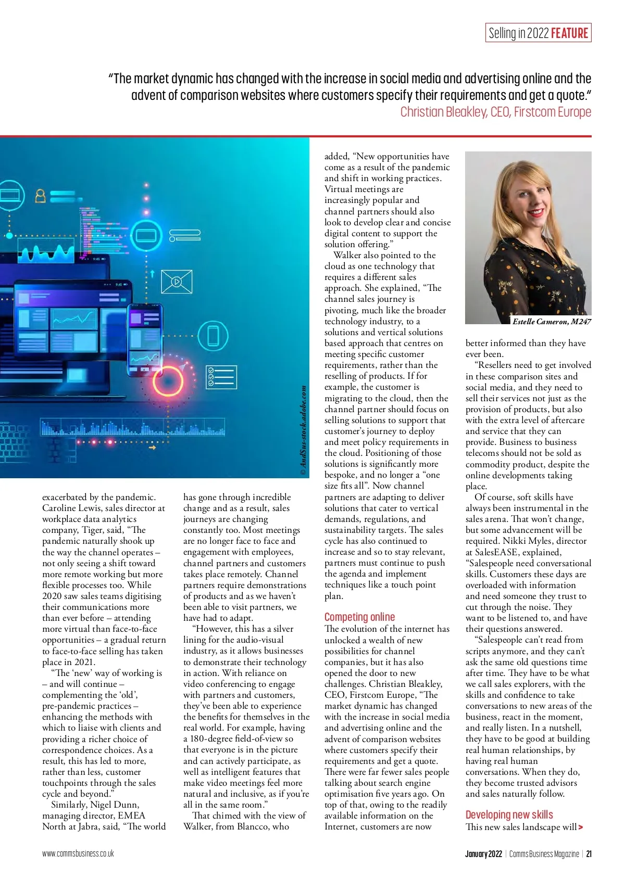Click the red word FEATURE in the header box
pyautogui.click(x=569, y=33)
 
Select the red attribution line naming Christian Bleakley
pyautogui.click(x=495, y=112)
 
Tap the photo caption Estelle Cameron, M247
pyautogui.click(x=551, y=322)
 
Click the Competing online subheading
pyautogui.click(x=359, y=617)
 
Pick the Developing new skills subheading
pyautogui.click(x=509, y=814)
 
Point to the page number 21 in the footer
pyautogui.click(x=589, y=854)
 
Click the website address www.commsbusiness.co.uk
pyautogui.click(x=78, y=854)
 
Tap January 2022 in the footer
pyautogui.click(x=483, y=854)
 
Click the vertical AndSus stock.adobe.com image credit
pyautogui.click(x=304, y=429)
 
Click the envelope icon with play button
pyautogui.click(x=177, y=282)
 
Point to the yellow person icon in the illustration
pyautogui.click(x=40, y=196)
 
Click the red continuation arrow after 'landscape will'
pyautogui.click(x=581, y=827)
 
